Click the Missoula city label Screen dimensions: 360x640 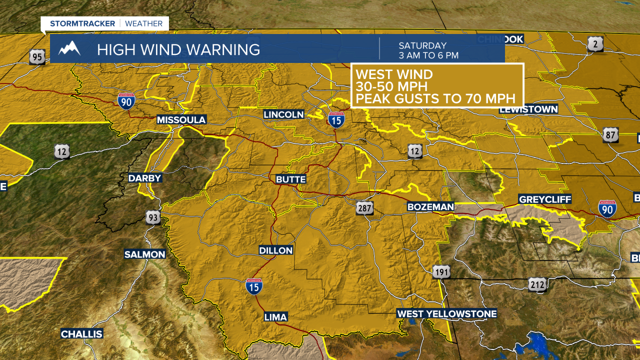click(x=181, y=120)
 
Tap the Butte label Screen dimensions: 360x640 click(x=291, y=179)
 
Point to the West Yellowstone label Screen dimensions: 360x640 click(x=447, y=314)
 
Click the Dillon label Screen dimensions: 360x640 click(x=276, y=250)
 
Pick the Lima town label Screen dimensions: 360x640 click(x=275, y=317)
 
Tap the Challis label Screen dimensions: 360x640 click(x=81, y=334)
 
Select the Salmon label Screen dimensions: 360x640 click(x=144, y=254)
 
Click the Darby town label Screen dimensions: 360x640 click(x=145, y=178)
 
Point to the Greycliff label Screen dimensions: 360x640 click(x=544, y=199)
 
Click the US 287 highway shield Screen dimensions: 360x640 click(x=365, y=207)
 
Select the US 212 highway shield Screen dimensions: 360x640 click(x=536, y=284)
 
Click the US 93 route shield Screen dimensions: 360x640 click(x=153, y=217)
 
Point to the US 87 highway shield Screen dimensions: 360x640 click(x=610, y=134)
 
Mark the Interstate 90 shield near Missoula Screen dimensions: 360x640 click(x=126, y=100)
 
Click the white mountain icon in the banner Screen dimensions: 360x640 click(x=69, y=48)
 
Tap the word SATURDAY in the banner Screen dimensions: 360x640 click(x=422, y=45)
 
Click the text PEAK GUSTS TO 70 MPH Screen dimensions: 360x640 click(x=435, y=98)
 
